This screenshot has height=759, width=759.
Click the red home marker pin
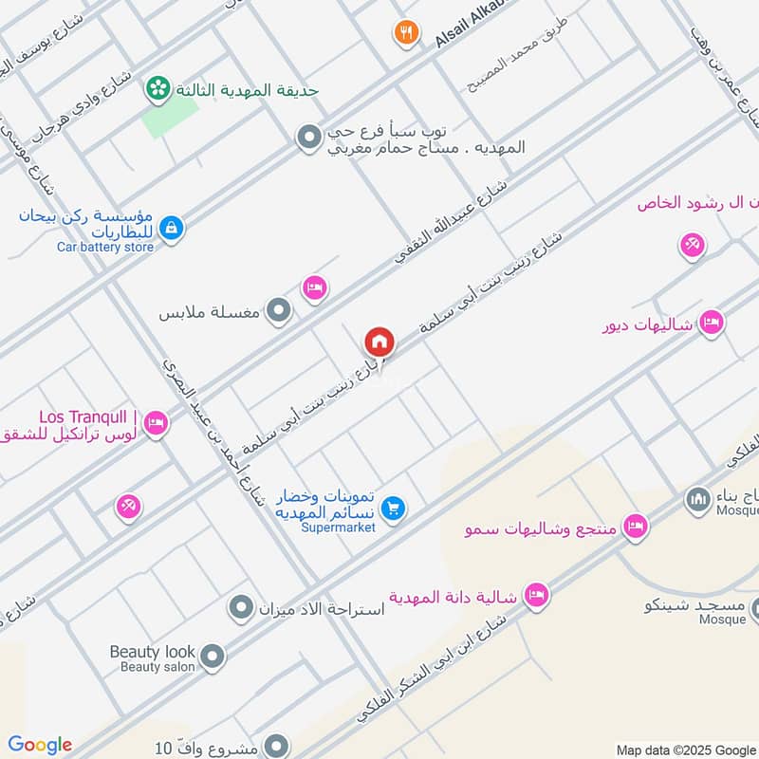(379, 341)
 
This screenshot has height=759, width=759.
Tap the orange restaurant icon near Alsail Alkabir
(407, 32)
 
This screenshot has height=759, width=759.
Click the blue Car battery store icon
(172, 228)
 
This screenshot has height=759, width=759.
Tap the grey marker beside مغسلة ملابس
(278, 310)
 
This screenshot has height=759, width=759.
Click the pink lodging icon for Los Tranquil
(157, 424)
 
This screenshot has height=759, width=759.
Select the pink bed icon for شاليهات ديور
(712, 324)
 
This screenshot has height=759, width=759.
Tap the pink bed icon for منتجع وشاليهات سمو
(635, 527)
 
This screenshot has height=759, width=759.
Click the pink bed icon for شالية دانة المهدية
(536, 595)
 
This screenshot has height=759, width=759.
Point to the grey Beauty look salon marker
(213, 656)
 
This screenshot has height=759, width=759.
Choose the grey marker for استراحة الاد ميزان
(242, 605)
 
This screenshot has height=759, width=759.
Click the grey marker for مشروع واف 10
(276, 746)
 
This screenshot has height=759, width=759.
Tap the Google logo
(40, 745)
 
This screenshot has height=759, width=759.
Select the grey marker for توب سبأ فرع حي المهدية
(307, 139)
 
